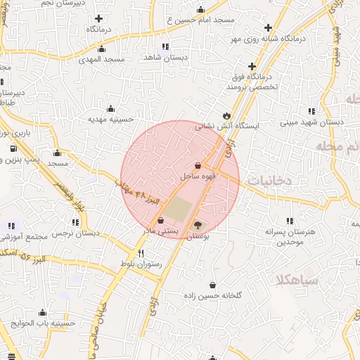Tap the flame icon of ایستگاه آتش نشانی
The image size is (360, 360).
point(226,115)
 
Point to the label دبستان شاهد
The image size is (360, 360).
point(164,56)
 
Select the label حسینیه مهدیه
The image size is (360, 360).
point(110,119)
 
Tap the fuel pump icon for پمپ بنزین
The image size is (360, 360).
point(14,149)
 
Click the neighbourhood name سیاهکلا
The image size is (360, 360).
point(298,280)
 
